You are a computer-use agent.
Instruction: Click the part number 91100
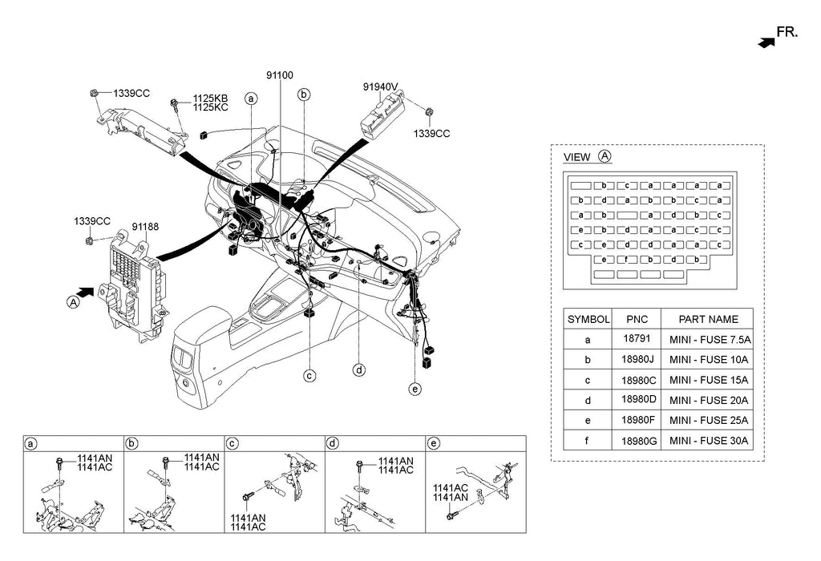pyautogui.click(x=281, y=75)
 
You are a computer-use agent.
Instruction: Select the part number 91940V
pyautogui.click(x=381, y=87)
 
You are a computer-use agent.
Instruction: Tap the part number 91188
pyautogui.click(x=145, y=228)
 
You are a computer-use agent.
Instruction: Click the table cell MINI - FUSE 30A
pyautogui.click(x=706, y=439)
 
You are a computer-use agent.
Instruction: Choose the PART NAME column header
pyautogui.click(x=706, y=318)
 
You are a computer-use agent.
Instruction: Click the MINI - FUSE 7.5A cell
pyautogui.click(x=706, y=339)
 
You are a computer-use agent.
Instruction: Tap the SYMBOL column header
pyautogui.click(x=588, y=318)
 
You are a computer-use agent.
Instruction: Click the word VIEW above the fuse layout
pyautogui.click(x=577, y=157)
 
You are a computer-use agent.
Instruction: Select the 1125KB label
pyautogui.click(x=211, y=99)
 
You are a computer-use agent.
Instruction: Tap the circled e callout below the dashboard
pyautogui.click(x=415, y=389)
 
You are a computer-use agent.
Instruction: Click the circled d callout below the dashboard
pyautogui.click(x=359, y=369)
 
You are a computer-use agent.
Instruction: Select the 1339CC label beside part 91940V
pyautogui.click(x=432, y=134)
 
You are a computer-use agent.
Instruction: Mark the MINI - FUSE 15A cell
pyautogui.click(x=706, y=379)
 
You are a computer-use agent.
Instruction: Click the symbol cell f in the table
pyautogui.click(x=588, y=439)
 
